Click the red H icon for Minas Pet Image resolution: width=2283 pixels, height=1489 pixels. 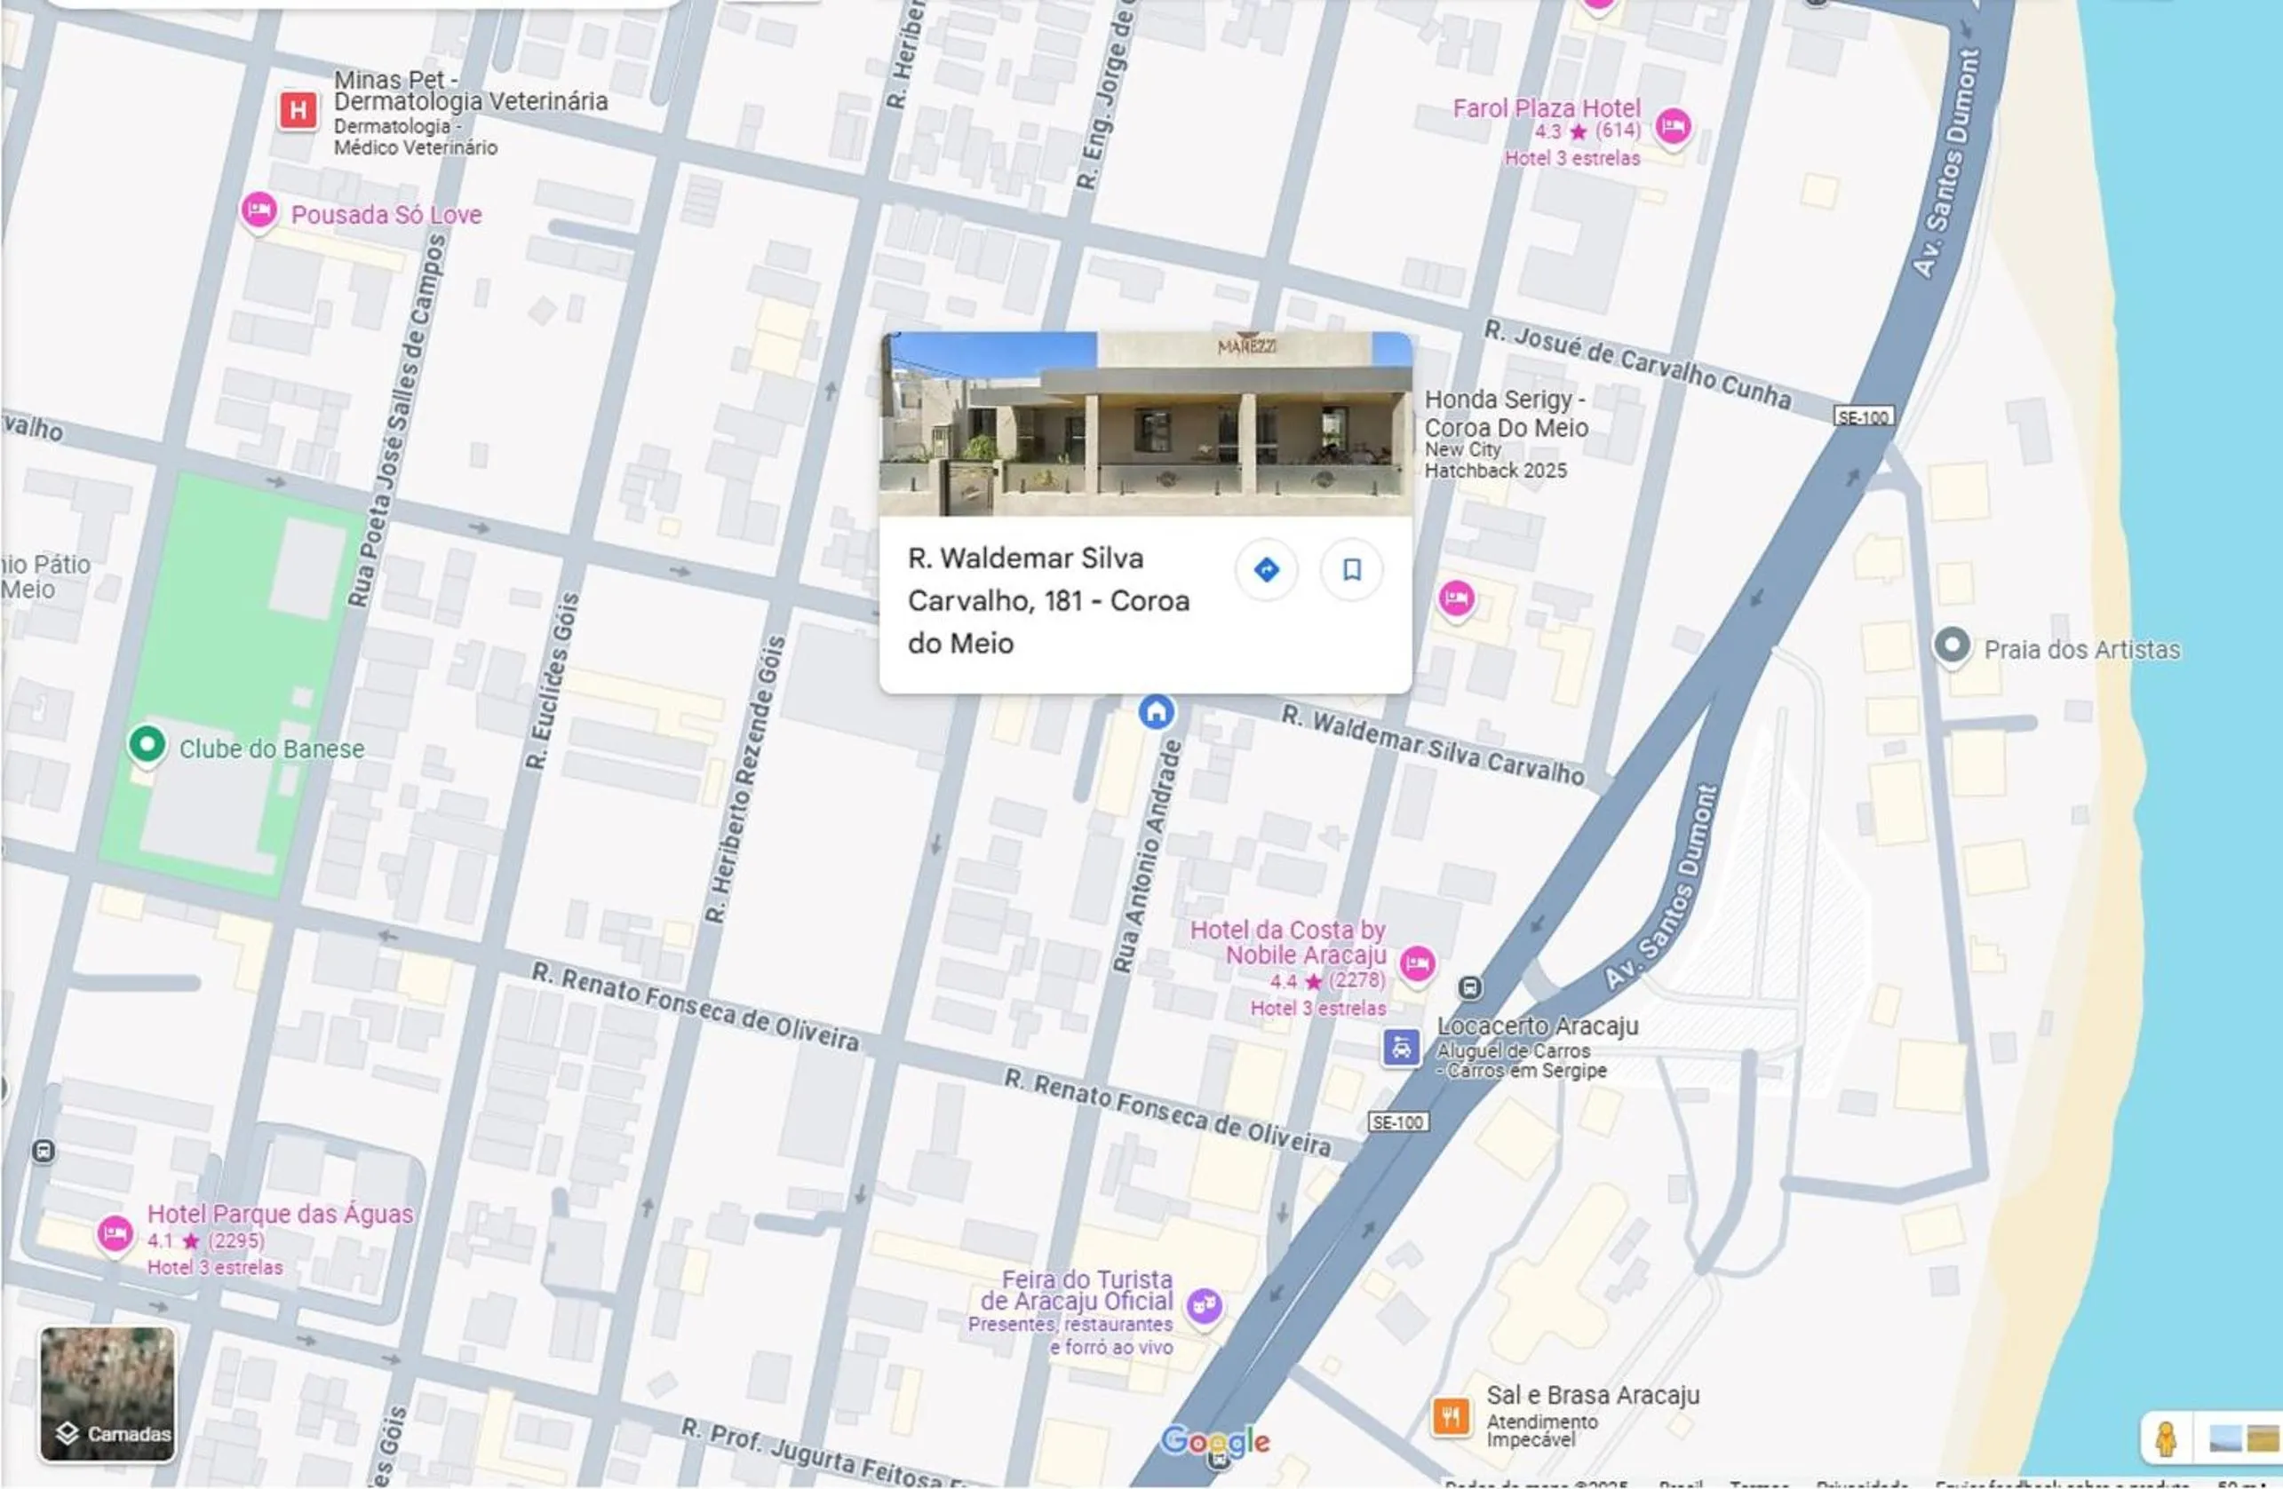(x=298, y=110)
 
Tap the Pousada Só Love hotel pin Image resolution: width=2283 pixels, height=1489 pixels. (x=258, y=210)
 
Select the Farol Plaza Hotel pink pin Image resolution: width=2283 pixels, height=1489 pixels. (x=1673, y=125)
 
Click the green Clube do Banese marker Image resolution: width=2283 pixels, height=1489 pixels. (x=147, y=745)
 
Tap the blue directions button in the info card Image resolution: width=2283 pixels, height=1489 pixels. (x=1266, y=569)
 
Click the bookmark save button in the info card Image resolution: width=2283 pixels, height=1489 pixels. (x=1350, y=569)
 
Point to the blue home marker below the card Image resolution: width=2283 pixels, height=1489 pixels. (x=1156, y=712)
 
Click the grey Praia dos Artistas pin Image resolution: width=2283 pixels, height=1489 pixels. (x=1951, y=645)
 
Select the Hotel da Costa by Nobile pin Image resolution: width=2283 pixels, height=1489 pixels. (x=1417, y=962)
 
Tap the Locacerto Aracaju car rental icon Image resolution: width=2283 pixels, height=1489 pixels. (x=1401, y=1047)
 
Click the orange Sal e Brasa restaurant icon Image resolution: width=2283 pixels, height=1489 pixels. (x=1451, y=1415)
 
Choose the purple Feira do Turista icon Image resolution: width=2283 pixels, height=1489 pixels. (x=1204, y=1305)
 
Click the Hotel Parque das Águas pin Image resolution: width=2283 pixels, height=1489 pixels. (x=115, y=1233)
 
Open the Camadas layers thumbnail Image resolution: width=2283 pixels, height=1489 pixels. (x=107, y=1393)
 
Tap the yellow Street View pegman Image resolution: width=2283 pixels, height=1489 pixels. (x=2165, y=1438)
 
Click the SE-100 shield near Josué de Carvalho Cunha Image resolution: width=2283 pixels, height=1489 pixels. (x=1863, y=417)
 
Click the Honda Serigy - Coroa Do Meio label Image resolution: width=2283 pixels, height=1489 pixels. (x=1505, y=413)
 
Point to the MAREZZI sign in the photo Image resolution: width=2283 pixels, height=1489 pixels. (x=1246, y=346)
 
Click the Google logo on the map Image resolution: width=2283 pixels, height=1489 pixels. (x=1214, y=1441)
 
